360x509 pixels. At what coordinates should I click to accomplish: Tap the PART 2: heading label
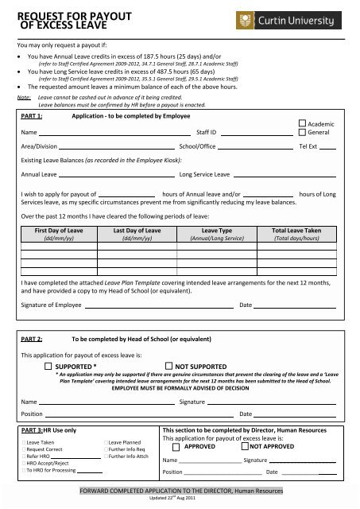pyautogui.click(x=33, y=338)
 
